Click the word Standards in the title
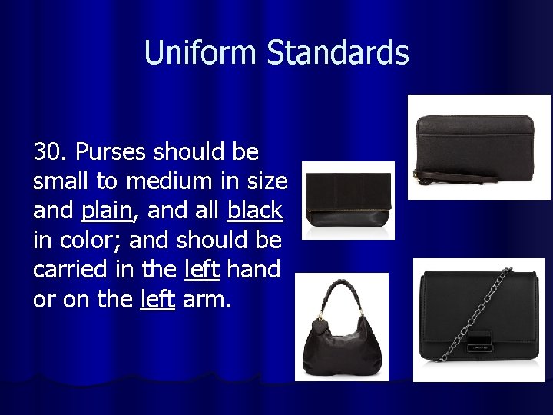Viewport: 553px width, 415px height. [x=338, y=53]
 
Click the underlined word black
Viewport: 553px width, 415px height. [x=255, y=210]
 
